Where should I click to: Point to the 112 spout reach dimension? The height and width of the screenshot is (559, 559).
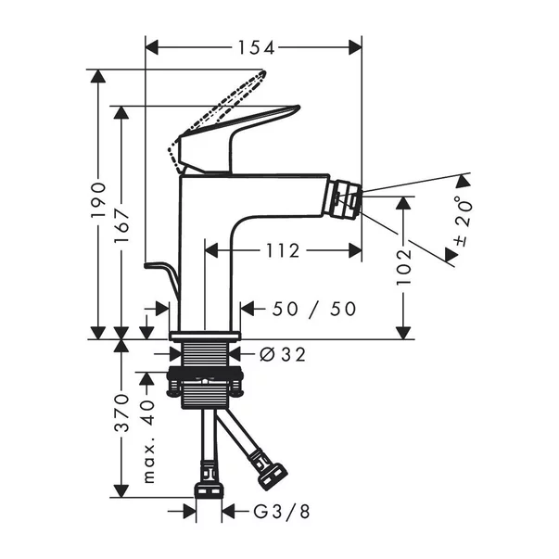pos(281,250)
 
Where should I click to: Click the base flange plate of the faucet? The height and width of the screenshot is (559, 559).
pos(205,335)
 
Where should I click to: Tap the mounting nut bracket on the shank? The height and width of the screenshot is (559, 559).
pos(206,379)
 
